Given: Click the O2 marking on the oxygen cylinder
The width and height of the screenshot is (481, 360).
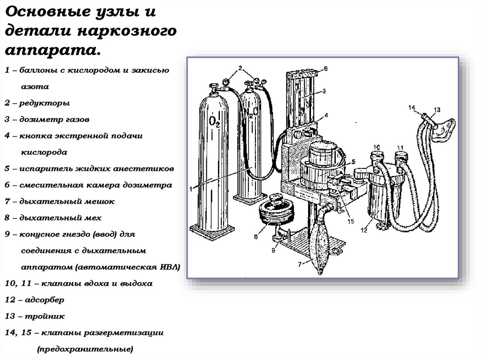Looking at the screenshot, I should pos(214,122).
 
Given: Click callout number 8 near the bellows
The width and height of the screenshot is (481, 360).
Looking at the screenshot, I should pos(256,237).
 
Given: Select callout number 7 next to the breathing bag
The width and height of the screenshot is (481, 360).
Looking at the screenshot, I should pos(299,264).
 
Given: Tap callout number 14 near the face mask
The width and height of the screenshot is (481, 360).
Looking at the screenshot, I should pos(412,108).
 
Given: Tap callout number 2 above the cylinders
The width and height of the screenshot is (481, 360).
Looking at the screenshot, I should pos(240,68).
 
